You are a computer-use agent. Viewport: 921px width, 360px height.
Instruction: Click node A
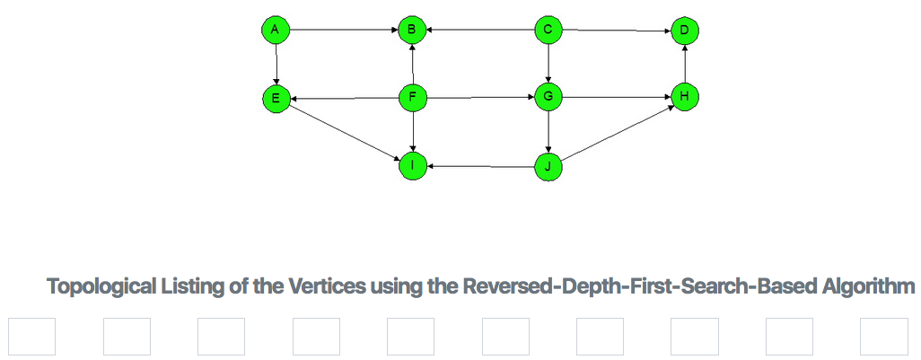(x=276, y=31)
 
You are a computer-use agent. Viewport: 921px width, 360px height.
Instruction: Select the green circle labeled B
(x=412, y=31)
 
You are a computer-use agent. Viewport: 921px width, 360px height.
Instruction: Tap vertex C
(x=548, y=31)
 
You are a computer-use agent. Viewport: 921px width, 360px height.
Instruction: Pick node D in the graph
(x=684, y=31)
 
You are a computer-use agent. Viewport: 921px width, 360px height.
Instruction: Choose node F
(x=412, y=98)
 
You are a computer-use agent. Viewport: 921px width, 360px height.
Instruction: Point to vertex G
(x=548, y=97)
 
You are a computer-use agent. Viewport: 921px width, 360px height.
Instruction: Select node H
(x=684, y=97)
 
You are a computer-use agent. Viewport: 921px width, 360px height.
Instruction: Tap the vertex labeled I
(x=412, y=165)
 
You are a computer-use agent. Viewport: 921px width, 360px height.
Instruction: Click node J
(x=548, y=165)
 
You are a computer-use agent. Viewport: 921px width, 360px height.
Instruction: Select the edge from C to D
(x=616, y=31)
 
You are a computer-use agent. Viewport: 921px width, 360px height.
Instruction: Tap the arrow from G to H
(x=616, y=97)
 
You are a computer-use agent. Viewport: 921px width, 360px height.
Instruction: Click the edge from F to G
(x=479, y=97)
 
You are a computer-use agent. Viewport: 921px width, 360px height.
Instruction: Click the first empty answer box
(x=32, y=337)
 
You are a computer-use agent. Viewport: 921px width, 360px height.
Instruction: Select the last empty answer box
(x=883, y=337)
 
